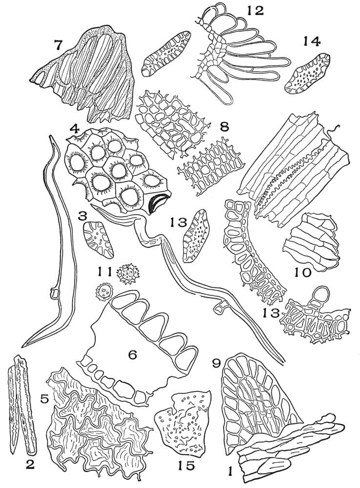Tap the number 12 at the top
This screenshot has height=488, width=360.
pyautogui.click(x=255, y=10)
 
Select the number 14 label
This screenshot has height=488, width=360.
pyautogui.click(x=312, y=41)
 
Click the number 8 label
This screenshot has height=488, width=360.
pyautogui.click(x=223, y=127)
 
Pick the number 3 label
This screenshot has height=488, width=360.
pyautogui.click(x=82, y=216)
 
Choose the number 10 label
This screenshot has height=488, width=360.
pyautogui.click(x=303, y=273)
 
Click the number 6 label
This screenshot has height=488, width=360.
pyautogui.click(x=133, y=354)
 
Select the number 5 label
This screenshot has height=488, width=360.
pyautogui.click(x=44, y=399)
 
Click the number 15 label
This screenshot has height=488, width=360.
pyautogui.click(x=186, y=466)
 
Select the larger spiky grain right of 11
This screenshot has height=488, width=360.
pyautogui.click(x=128, y=274)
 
